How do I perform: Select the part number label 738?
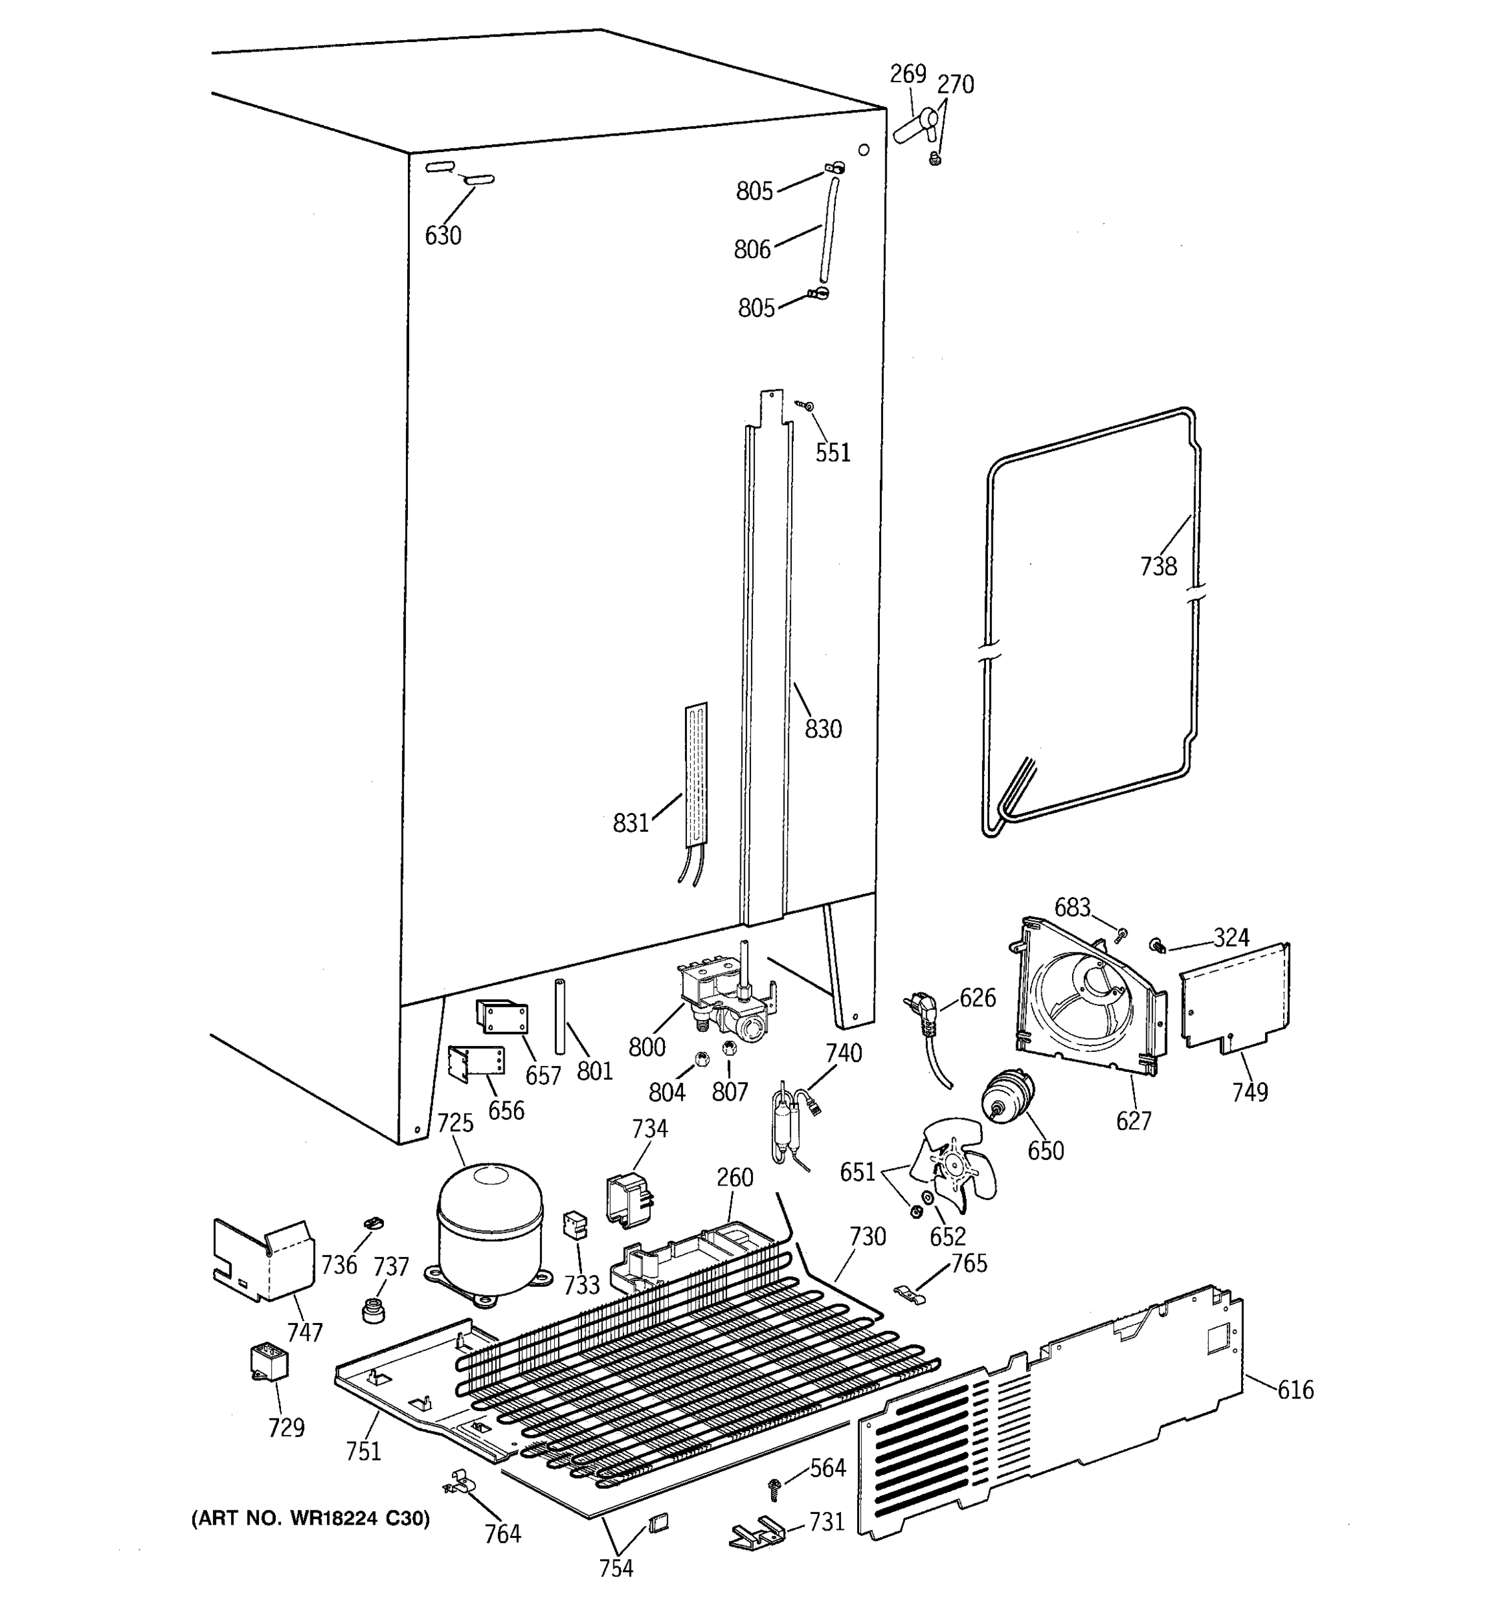pyautogui.click(x=1158, y=567)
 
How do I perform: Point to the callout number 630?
pyautogui.click(x=443, y=236)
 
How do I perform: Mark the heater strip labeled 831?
pyautogui.click(x=696, y=774)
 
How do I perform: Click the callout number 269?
pyautogui.click(x=907, y=74)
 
